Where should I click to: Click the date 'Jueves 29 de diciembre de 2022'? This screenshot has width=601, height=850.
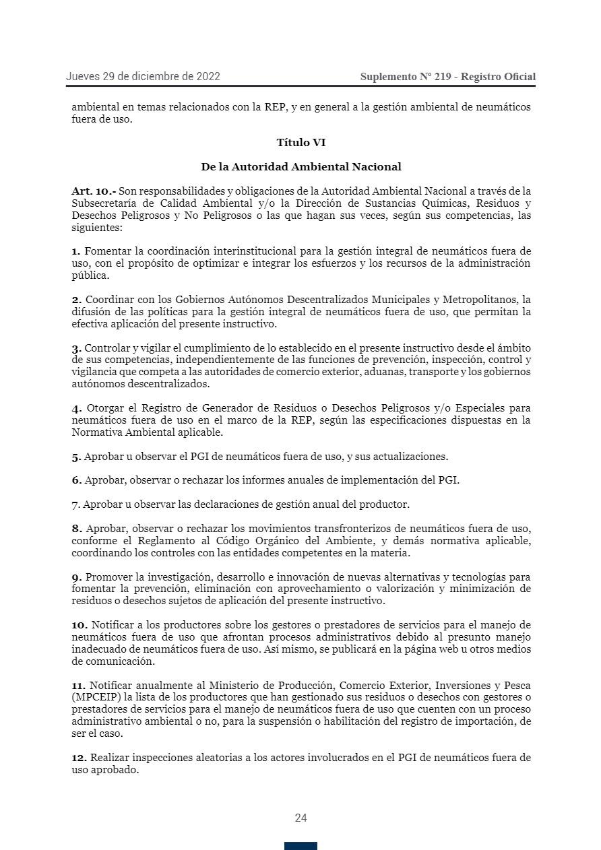(x=143, y=77)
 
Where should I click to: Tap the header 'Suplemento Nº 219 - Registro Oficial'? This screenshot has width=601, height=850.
(x=448, y=77)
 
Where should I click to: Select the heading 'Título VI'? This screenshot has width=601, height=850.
(x=300, y=143)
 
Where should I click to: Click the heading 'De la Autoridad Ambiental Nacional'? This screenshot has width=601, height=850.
(x=300, y=166)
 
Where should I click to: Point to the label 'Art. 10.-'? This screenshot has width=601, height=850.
(x=94, y=191)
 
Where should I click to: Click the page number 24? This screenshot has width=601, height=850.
(x=300, y=818)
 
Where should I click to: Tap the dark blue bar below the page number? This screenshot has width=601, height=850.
(x=300, y=845)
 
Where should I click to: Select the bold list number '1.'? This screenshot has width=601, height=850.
(x=76, y=251)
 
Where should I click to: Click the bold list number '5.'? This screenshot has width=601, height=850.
(x=76, y=457)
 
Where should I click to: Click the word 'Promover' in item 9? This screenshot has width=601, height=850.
(x=108, y=577)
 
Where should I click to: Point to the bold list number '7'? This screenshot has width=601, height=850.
(x=75, y=504)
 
